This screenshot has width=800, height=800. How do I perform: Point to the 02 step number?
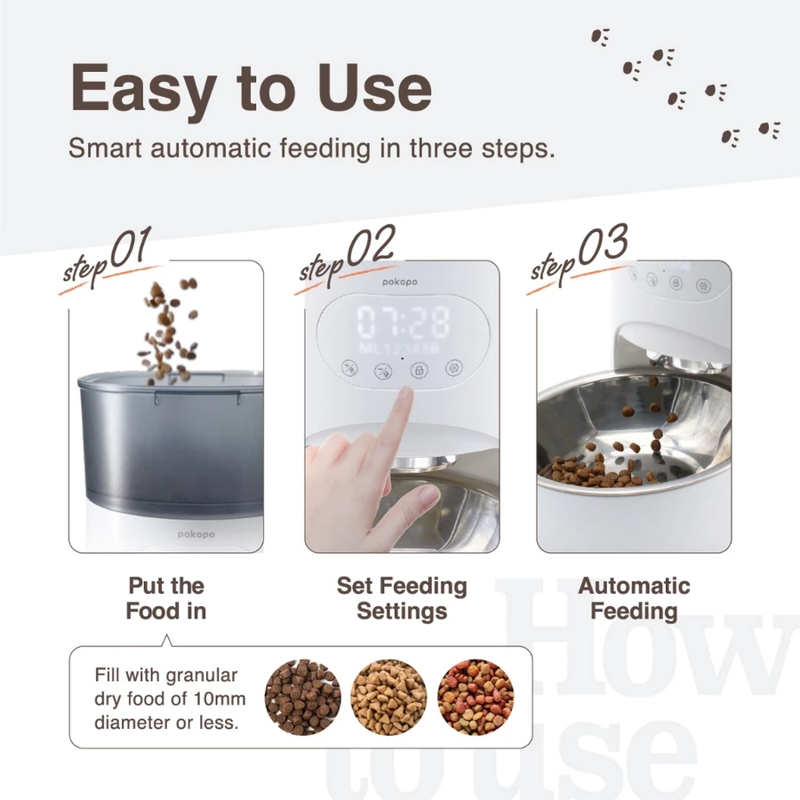pyautogui.click(x=371, y=245)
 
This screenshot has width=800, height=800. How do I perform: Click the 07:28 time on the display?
pyautogui.click(x=403, y=322)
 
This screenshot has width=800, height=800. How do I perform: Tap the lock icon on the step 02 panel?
pyautogui.click(x=419, y=370)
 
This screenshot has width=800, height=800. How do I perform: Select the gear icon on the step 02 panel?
pyautogui.click(x=453, y=367)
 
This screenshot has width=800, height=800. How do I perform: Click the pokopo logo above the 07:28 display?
pyautogui.click(x=400, y=282)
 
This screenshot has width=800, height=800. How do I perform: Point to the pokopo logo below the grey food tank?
pyautogui.click(x=196, y=534)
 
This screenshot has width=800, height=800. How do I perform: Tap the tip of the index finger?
pyautogui.click(x=405, y=392)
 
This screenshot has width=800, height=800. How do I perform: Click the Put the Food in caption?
pyautogui.click(x=166, y=598)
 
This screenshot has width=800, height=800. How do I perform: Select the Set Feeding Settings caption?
pyautogui.click(x=402, y=598)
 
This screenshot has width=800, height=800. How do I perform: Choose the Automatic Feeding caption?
pyautogui.click(x=634, y=598)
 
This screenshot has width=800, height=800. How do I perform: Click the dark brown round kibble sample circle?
pyautogui.click(x=303, y=697)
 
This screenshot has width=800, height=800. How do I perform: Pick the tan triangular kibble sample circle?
pyautogui.click(x=388, y=697)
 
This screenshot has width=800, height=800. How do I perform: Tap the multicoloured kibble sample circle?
pyautogui.click(x=476, y=697)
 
